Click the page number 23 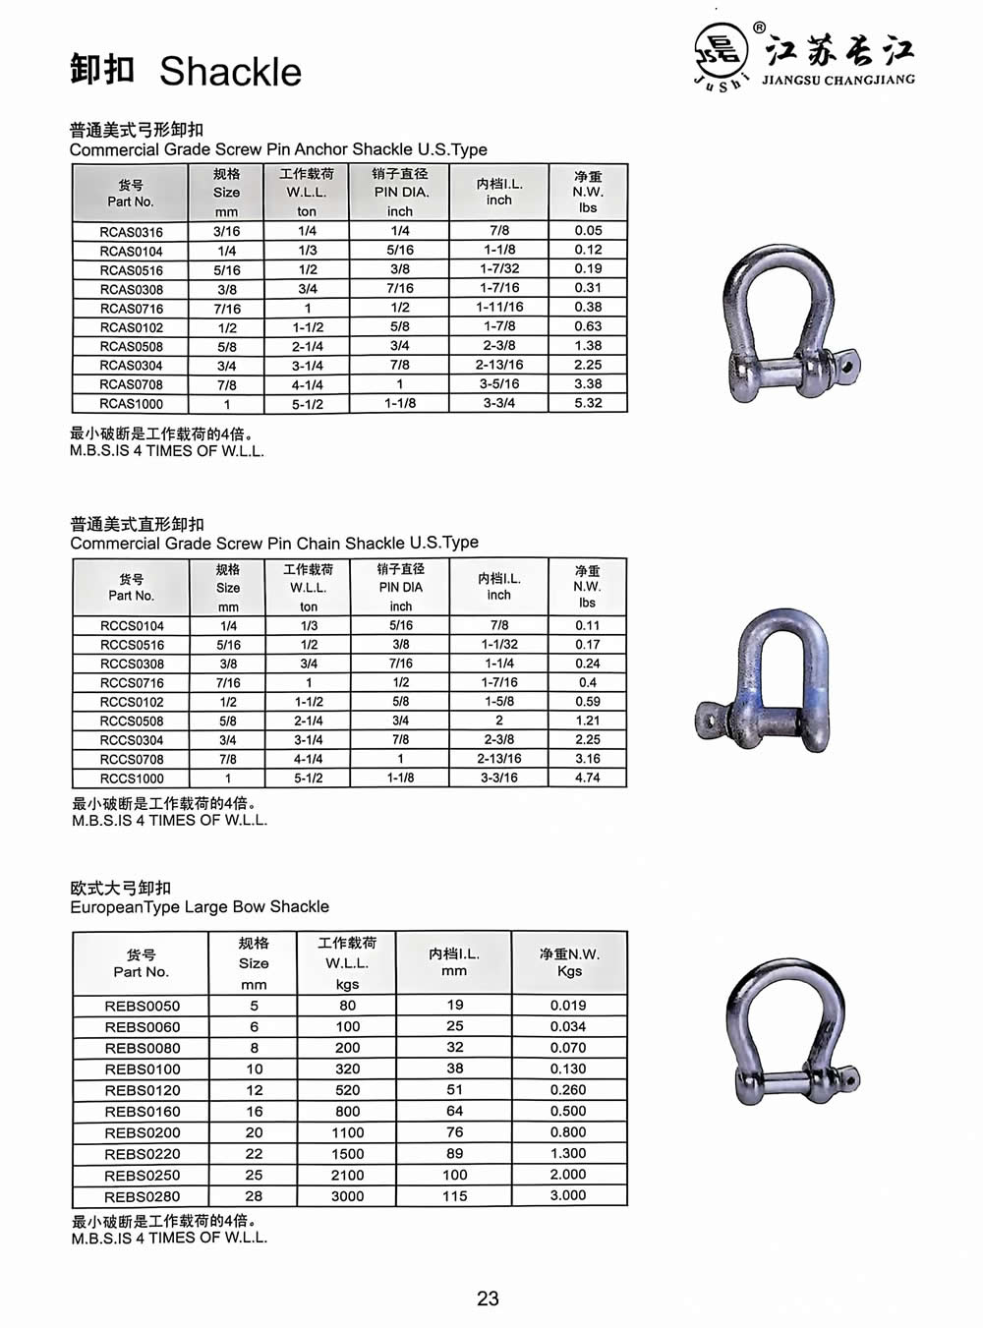point(488,1299)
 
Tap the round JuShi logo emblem point(721,50)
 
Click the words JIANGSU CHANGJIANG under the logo point(838,80)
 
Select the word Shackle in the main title point(230,72)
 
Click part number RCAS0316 point(131,232)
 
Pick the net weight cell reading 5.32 point(588,403)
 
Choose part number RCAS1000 point(131,404)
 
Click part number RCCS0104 point(132,626)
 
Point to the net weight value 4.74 point(587,778)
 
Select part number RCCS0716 point(132,683)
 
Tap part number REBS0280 point(142,1196)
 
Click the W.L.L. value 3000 point(347,1196)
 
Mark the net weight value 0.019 point(568,1006)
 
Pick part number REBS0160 point(142,1112)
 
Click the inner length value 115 point(454,1196)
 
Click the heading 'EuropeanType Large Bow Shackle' point(200,906)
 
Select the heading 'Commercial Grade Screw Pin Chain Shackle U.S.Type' point(274,543)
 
